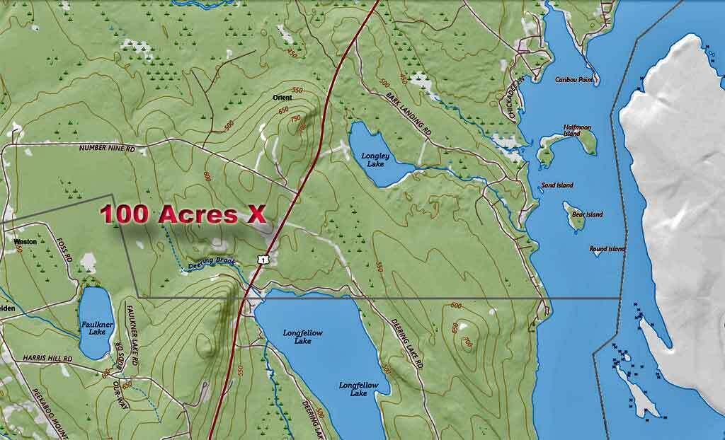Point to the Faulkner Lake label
coord(93,327)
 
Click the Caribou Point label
coord(573,80)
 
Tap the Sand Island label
coord(557,185)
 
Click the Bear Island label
coord(588,214)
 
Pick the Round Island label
coord(607,249)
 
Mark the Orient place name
coord(282,96)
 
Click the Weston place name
coord(25,241)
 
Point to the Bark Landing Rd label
coord(409,112)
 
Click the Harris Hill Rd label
coord(47,359)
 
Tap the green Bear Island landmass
coord(574,216)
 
